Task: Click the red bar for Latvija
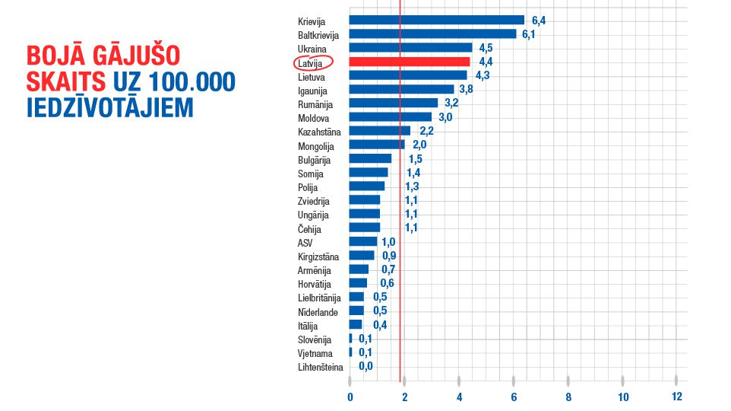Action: (410, 62)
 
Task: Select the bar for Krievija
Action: (437, 21)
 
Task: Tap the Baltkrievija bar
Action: (432, 34)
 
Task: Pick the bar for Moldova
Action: (391, 117)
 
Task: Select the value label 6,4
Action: (538, 21)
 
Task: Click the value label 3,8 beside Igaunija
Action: (467, 90)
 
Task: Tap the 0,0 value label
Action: (365, 366)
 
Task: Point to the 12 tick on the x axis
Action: (676, 397)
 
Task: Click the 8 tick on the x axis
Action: (568, 397)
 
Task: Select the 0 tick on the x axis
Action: (350, 397)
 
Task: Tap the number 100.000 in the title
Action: (193, 81)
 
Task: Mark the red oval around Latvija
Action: (313, 62)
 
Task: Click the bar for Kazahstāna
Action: (380, 131)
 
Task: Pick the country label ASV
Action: (305, 242)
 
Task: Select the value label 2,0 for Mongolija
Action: (419, 145)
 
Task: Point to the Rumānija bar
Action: (394, 104)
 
